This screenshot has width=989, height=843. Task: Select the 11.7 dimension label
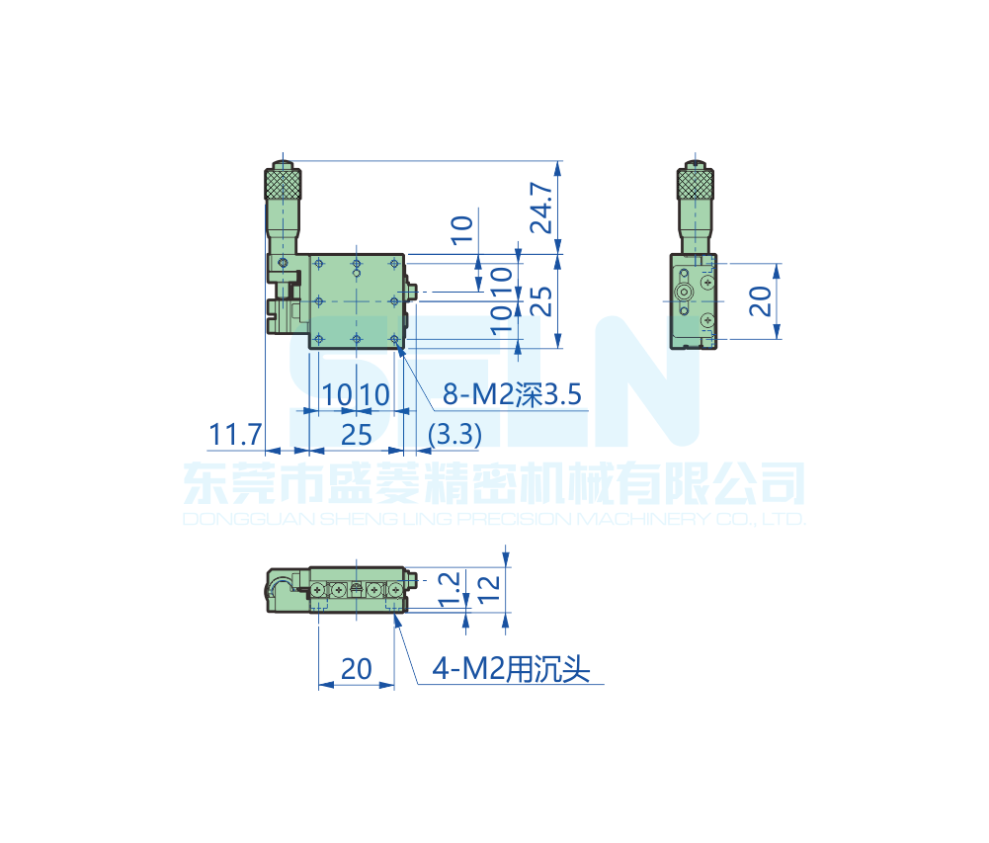[x=235, y=434]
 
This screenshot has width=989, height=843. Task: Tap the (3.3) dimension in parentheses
[x=454, y=434]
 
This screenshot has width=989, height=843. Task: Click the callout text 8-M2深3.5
[x=513, y=396]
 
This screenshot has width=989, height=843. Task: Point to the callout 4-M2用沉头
[x=511, y=671]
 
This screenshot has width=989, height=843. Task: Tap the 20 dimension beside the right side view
[x=760, y=301]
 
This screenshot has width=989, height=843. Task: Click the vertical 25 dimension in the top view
[x=540, y=300]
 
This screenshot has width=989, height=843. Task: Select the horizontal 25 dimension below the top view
[x=356, y=434]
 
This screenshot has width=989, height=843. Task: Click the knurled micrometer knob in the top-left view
[x=283, y=185]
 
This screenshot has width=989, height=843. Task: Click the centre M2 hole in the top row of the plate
[x=356, y=264]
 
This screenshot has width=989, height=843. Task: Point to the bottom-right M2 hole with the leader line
[x=395, y=340]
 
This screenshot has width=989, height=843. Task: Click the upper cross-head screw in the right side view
[x=706, y=283]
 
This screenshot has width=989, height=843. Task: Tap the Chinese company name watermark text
[x=494, y=484]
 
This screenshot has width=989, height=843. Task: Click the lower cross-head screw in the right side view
[x=706, y=321]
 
